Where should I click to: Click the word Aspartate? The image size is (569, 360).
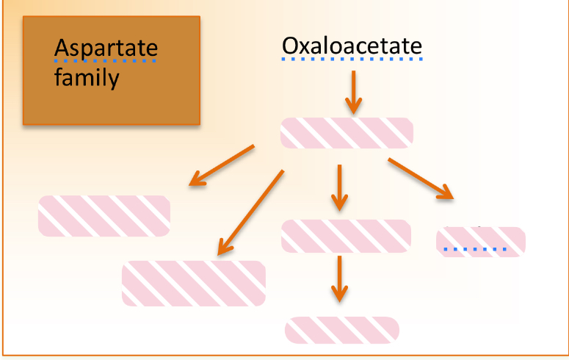(x=106, y=49)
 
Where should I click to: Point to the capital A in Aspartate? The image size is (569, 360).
(x=62, y=48)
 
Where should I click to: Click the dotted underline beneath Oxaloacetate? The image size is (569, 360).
(x=352, y=60)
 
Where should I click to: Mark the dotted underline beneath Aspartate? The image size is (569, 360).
(x=106, y=61)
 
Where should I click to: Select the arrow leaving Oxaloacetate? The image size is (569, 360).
(x=353, y=91)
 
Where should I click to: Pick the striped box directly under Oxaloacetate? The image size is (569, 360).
(x=347, y=133)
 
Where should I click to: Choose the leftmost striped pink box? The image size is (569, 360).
(x=104, y=216)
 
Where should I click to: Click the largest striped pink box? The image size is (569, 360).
(x=193, y=283)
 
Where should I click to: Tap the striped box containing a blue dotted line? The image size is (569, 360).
(x=480, y=242)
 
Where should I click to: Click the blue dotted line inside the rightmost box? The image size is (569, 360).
(x=475, y=250)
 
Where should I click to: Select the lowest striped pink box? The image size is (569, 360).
(x=341, y=330)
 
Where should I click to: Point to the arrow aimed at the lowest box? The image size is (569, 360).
(x=338, y=278)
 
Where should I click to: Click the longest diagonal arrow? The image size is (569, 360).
(x=250, y=213)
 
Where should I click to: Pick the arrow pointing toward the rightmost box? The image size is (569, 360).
(x=420, y=178)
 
